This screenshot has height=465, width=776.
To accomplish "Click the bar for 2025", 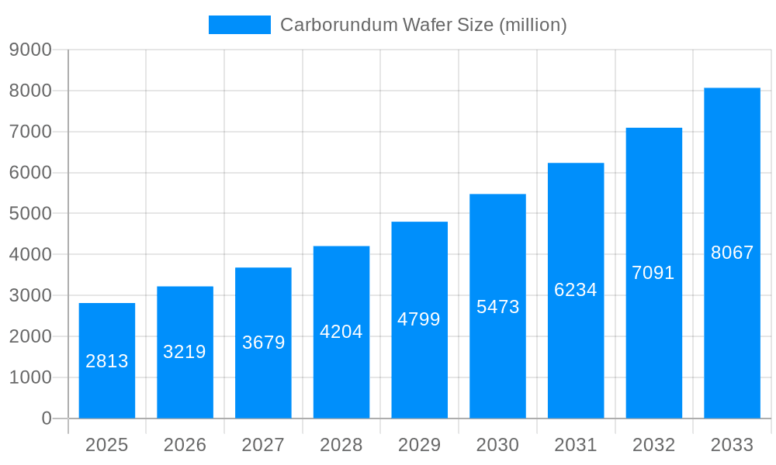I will [107, 360].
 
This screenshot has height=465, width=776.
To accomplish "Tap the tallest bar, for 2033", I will [732, 253].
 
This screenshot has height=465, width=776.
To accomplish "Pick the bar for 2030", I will [497, 306].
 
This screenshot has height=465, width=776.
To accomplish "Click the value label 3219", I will [185, 352].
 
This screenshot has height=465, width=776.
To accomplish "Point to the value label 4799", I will [419, 319].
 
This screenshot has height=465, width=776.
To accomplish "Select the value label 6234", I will [576, 290].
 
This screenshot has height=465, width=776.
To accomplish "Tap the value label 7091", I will [653, 273].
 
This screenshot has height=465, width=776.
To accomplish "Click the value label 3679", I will [263, 343].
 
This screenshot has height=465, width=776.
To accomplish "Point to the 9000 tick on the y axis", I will [30, 50].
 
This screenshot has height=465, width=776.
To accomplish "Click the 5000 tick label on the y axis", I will [30, 214].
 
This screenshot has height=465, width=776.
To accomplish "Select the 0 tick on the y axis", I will [47, 418].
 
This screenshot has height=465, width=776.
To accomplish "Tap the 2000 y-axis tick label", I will [30, 336].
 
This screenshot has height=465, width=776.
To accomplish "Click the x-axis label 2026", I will [185, 445].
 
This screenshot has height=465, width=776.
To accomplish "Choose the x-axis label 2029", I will [419, 445].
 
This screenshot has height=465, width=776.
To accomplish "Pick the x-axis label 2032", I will [653, 445].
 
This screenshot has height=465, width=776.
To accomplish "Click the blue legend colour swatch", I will [240, 25].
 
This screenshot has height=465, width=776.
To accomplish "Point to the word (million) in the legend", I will [532, 25].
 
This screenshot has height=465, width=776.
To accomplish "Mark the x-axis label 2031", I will [576, 445].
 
